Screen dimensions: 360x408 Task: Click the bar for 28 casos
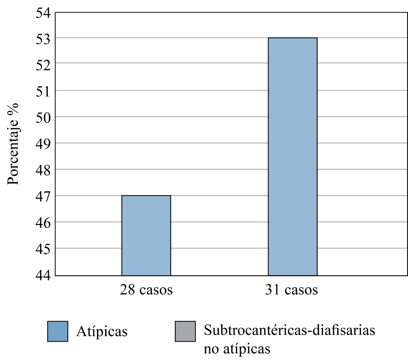[x=146, y=235]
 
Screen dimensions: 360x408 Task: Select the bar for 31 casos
[x=292, y=156]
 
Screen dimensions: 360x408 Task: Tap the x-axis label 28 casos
[x=146, y=290]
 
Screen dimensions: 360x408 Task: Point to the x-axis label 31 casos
[x=292, y=290]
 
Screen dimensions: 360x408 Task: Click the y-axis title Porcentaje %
[x=13, y=143]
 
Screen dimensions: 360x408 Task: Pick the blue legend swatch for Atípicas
[x=58, y=331]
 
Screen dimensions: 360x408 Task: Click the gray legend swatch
[x=185, y=331]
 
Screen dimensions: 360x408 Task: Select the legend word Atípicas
[x=102, y=332]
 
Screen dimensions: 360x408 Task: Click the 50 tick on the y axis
[x=43, y=117]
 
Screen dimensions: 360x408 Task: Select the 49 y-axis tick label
[x=43, y=144]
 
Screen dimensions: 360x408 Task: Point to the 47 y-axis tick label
[x=43, y=196]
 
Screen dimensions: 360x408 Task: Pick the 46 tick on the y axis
[x=43, y=223]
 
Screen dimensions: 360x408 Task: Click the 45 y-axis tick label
[x=43, y=249]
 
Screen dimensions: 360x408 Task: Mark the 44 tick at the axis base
[x=43, y=275]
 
